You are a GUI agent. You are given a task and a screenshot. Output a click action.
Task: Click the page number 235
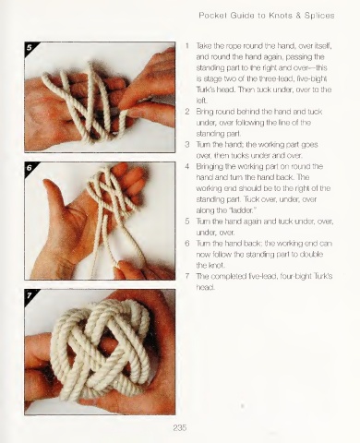click(x=180, y=427)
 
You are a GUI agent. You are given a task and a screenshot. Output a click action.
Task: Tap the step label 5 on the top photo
click(x=30, y=47)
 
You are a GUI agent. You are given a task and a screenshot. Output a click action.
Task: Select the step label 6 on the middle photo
click(x=30, y=168)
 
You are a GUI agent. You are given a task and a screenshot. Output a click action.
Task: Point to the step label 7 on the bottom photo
click(x=30, y=295)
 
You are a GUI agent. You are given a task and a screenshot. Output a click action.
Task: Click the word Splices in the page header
click(x=319, y=16)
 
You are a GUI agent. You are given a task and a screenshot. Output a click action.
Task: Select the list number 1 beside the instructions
click(x=187, y=46)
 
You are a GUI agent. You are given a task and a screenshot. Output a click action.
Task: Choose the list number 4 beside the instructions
click(x=187, y=166)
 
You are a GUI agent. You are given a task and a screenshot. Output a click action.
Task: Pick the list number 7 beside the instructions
click(x=187, y=276)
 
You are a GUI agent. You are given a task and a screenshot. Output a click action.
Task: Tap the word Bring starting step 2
click(x=204, y=112)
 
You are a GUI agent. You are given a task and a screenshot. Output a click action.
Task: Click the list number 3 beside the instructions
click(x=187, y=145)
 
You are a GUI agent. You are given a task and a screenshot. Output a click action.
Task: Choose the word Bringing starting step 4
click(x=210, y=167)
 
